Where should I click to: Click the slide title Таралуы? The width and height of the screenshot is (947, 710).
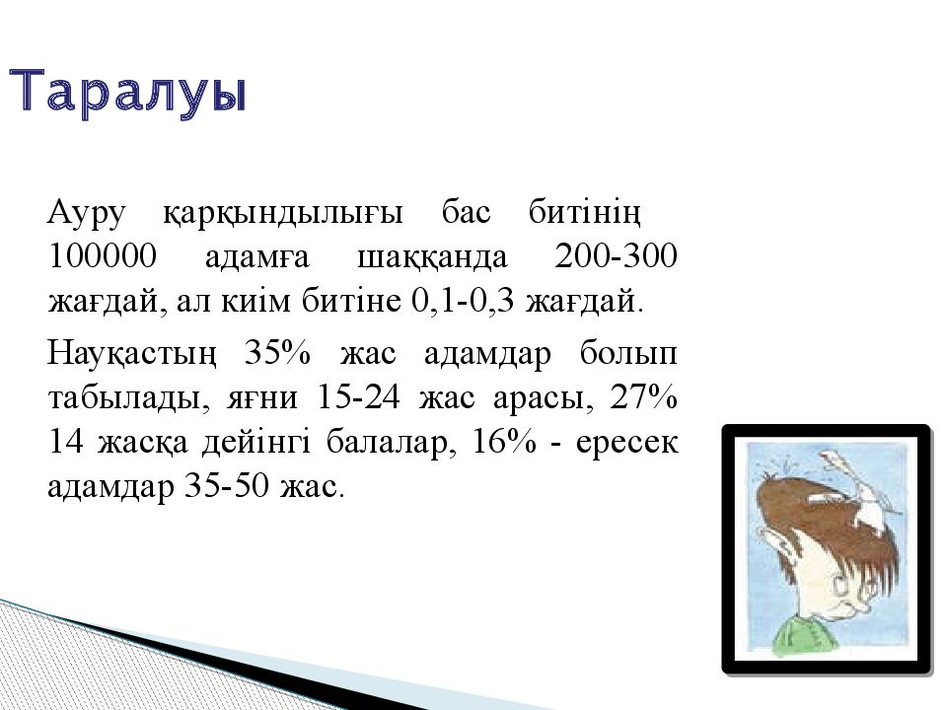128,92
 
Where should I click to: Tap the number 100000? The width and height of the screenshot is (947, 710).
102,256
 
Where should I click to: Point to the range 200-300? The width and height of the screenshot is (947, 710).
616,256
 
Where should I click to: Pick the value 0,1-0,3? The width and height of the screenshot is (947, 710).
463,301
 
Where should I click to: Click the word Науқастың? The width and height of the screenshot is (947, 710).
131,354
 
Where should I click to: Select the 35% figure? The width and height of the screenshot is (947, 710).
277,353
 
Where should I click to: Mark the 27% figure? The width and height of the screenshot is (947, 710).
644,397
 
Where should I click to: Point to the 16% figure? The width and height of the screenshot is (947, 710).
504,443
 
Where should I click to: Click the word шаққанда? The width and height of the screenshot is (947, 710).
432,257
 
